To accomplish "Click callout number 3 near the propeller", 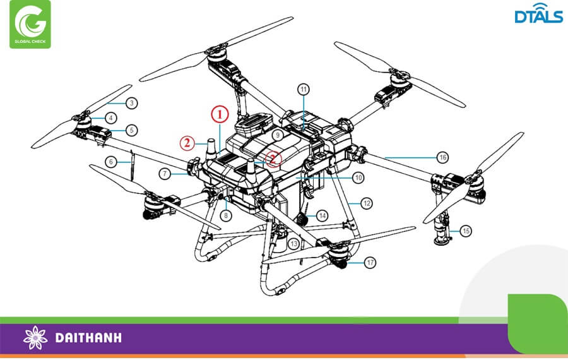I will pyautogui.click(x=131, y=103).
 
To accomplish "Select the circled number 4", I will pyautogui.click(x=111, y=117).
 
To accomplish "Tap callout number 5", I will pyautogui.click(x=131, y=131).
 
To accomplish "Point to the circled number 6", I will pyautogui.click(x=111, y=162).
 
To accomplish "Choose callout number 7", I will pyautogui.click(x=163, y=172).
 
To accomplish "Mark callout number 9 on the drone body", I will pyautogui.click(x=276, y=135).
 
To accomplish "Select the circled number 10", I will pyautogui.click(x=358, y=178).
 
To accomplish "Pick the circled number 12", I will pyautogui.click(x=367, y=203).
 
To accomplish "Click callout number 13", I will pyautogui.click(x=293, y=244).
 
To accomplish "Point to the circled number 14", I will pyautogui.click(x=322, y=215).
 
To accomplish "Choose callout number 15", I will pyautogui.click(x=466, y=231).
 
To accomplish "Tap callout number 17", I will pyautogui.click(x=370, y=261).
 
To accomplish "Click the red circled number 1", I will pyautogui.click(x=218, y=114).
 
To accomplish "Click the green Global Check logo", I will pyautogui.click(x=30, y=25).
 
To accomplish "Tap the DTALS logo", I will pyautogui.click(x=538, y=16).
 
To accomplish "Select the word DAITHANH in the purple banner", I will pyautogui.click(x=88, y=338).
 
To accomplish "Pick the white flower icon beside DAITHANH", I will pyautogui.click(x=35, y=338).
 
